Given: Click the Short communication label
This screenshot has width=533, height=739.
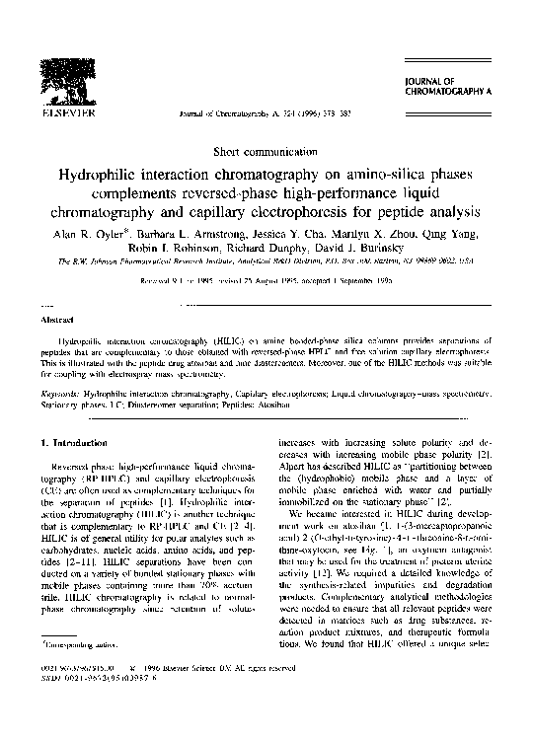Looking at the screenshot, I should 266,153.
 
